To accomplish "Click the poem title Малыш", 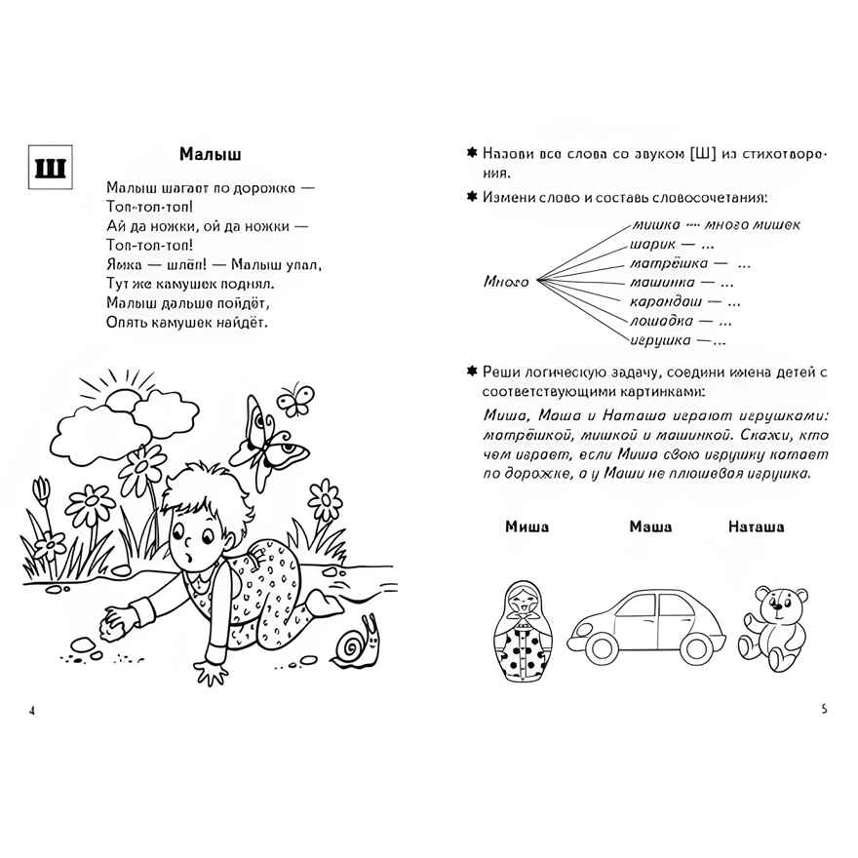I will tap(210, 154).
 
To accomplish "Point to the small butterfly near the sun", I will tap(293, 398).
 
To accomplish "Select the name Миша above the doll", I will tap(526, 526).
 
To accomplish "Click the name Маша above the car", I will tap(649, 526).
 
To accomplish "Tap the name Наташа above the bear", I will tap(756, 526).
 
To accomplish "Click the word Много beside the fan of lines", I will tap(506, 282).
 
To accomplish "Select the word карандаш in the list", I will tap(663, 301).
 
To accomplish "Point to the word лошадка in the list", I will tap(661, 321).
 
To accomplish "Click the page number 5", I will tap(824, 709).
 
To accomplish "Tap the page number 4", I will tap(33, 710).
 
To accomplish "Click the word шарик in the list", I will tap(652, 244).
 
